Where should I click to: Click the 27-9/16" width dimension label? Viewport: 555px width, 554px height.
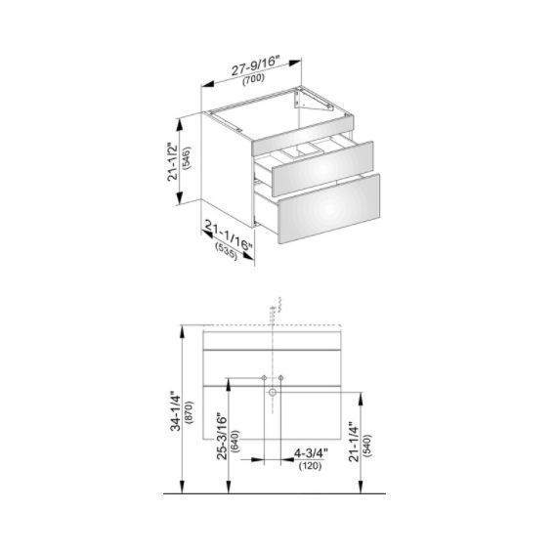click(x=256, y=65)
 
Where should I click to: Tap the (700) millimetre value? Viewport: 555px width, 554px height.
click(x=253, y=78)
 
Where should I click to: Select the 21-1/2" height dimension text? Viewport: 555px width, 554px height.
click(x=174, y=162)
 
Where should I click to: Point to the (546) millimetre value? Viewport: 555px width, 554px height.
click(x=188, y=158)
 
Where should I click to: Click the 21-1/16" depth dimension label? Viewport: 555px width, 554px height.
click(x=230, y=234)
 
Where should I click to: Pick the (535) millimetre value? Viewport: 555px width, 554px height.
click(x=226, y=251)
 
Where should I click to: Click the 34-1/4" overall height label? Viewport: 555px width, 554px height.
click(x=176, y=411)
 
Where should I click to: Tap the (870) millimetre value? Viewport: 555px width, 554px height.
click(x=190, y=412)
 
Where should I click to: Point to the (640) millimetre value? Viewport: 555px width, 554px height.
click(x=235, y=441)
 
